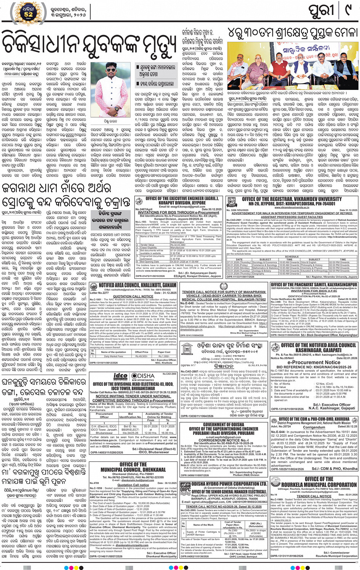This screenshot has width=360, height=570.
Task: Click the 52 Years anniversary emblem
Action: click(x=29, y=13)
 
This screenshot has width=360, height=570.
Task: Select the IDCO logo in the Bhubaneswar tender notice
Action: click(x=120, y=376)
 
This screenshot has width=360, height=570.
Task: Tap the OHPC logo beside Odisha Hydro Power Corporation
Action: click(x=186, y=489)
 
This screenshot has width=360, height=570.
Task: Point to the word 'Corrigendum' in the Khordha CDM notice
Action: click(x=314, y=427)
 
